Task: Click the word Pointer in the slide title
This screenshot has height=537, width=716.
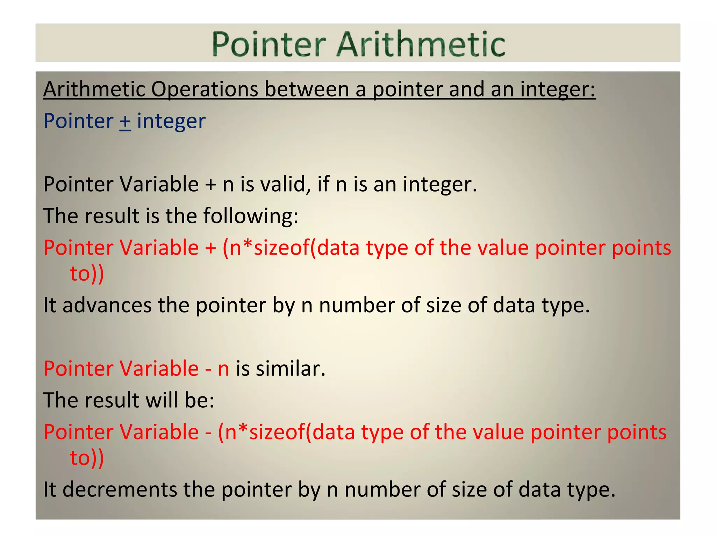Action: [268, 44]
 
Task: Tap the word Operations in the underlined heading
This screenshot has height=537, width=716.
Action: [205, 89]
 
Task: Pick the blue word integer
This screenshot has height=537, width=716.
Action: [171, 121]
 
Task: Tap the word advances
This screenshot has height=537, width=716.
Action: [107, 305]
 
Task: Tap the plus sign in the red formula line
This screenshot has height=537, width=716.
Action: [210, 248]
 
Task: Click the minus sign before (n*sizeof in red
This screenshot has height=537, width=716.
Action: [208, 432]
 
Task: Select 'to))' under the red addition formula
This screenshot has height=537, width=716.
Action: [87, 274]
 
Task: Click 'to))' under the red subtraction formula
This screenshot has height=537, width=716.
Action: [87, 458]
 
